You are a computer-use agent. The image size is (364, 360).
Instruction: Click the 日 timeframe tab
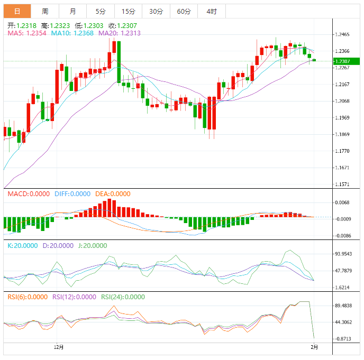tap(17, 11)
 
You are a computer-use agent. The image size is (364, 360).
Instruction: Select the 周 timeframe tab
tap(45, 11)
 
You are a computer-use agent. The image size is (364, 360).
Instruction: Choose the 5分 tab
tap(101, 11)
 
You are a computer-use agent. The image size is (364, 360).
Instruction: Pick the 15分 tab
tap(128, 11)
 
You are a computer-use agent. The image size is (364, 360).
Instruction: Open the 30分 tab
tap(156, 11)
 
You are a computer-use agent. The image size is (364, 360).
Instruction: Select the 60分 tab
tap(184, 11)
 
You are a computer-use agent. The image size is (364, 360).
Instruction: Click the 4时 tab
tap(212, 11)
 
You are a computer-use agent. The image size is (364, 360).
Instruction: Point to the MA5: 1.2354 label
tap(28, 33)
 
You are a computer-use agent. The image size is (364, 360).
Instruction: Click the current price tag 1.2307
tap(343, 61)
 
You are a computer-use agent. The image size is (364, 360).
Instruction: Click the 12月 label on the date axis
tap(59, 347)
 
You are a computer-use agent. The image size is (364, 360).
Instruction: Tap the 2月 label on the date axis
tap(314, 347)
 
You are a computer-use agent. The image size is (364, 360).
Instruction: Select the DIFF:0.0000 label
tap(72, 194)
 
